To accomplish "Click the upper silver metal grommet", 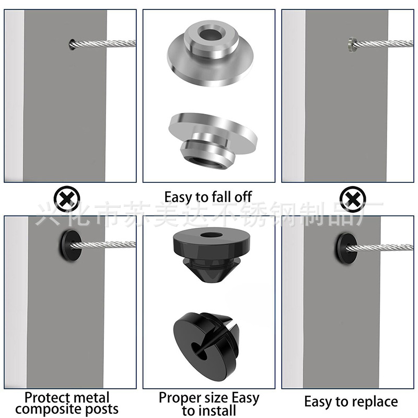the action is click(209, 50).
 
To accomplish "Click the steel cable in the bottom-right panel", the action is click(387, 246).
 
